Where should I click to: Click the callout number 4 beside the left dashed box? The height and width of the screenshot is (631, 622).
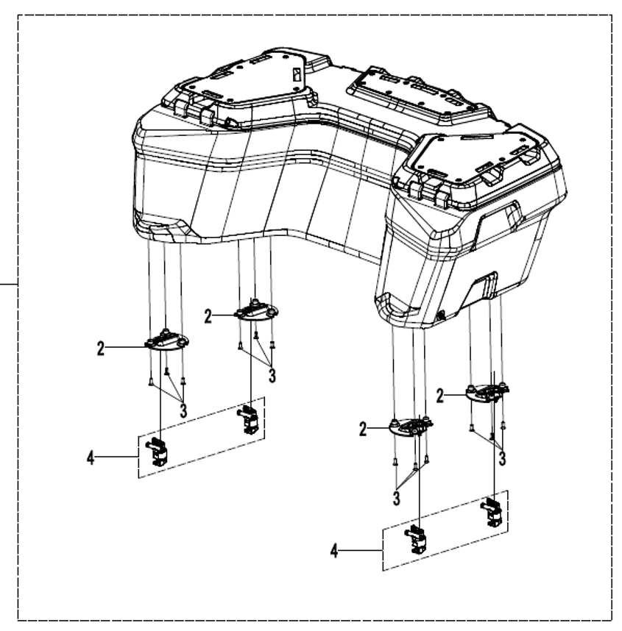pos(91,458)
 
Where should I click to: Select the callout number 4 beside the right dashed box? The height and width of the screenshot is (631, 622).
pos(334,551)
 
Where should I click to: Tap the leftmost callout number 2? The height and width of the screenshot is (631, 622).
pos(100,348)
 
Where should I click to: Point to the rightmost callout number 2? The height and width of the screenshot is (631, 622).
pos(440,396)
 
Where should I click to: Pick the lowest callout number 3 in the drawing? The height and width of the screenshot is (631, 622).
pos(397,498)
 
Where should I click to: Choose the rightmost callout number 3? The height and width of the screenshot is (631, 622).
pos(502,459)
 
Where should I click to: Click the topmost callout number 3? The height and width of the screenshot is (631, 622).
pos(272,376)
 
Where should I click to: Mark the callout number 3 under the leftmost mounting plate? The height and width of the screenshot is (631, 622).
pos(183,410)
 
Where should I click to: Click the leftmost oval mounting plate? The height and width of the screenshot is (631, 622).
pos(166,341)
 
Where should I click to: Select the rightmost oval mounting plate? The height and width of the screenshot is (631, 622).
pos(487,391)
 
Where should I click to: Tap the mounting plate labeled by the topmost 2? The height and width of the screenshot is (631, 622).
pos(257,312)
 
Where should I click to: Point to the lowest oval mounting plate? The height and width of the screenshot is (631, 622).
pos(411,426)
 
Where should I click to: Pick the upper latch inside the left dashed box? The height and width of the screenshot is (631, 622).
pos(250,420)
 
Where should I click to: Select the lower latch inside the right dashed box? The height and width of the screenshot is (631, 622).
pos(416,539)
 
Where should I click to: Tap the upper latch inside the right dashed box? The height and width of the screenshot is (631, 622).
pos(492,512)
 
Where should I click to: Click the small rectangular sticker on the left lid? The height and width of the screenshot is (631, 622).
pos(297,75)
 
